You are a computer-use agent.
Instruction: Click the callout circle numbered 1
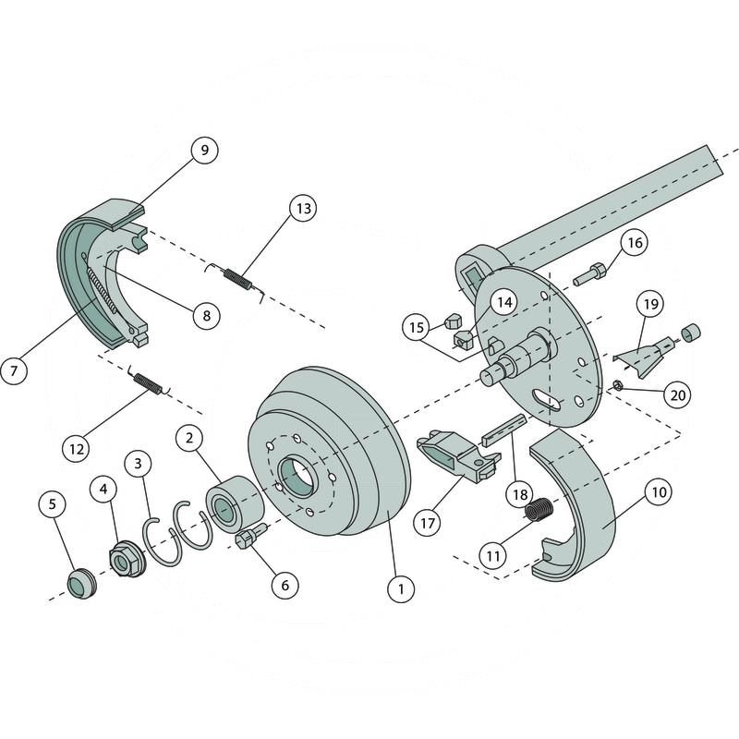(401, 588)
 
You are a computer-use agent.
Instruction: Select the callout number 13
(301, 209)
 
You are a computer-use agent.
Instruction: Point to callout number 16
(633, 243)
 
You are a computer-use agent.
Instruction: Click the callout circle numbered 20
(679, 394)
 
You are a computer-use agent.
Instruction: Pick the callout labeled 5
(52, 504)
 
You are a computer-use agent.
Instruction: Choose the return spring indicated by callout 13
(237, 275)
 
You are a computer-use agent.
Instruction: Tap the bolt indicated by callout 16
(589, 274)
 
